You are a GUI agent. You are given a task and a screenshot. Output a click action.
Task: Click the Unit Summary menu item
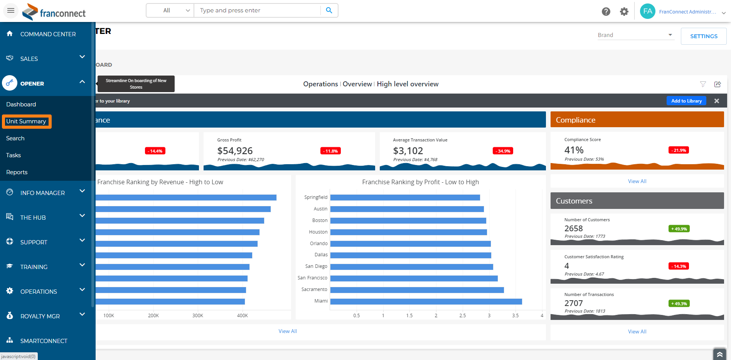click(26, 121)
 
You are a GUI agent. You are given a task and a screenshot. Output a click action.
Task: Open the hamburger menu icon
click(11, 10)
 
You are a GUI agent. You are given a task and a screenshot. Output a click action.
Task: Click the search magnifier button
click(329, 10)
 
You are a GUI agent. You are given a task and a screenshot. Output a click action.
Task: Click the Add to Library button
click(686, 101)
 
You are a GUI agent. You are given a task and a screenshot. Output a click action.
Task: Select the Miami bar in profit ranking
click(426, 301)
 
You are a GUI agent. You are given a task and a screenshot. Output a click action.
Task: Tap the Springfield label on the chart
click(316, 197)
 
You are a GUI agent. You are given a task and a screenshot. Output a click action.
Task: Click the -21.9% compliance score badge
click(679, 150)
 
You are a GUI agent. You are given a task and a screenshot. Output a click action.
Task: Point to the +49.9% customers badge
click(679, 229)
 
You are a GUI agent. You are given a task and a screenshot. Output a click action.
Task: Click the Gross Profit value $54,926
click(235, 151)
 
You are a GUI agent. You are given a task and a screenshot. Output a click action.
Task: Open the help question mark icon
click(606, 12)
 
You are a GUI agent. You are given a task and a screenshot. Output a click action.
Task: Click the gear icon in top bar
click(624, 12)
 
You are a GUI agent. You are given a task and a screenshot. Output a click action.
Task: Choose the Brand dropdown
click(635, 35)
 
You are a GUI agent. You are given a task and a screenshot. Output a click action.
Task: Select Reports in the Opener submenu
click(17, 172)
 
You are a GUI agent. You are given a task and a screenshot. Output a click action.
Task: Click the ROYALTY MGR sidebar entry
click(40, 316)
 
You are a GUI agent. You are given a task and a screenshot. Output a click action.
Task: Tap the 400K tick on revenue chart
click(243, 316)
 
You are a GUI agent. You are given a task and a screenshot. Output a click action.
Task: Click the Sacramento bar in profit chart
click(417, 290)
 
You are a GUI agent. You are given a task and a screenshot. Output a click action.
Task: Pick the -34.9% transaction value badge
click(503, 151)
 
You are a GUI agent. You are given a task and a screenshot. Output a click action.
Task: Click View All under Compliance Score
click(637, 181)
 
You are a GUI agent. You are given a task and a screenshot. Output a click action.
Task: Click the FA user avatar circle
click(648, 11)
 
